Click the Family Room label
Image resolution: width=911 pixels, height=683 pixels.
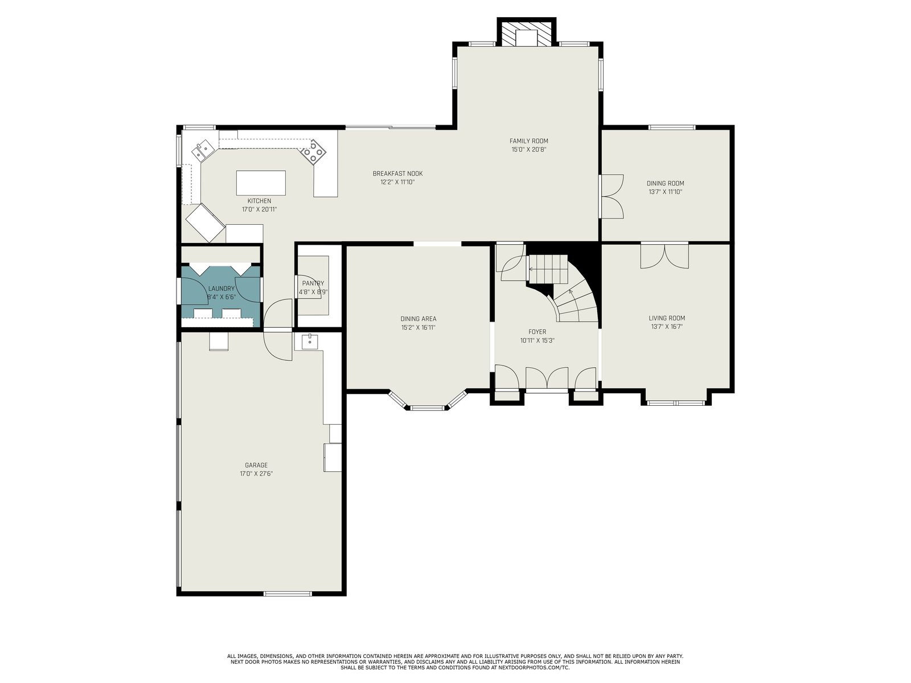pyautogui.click(x=528, y=141)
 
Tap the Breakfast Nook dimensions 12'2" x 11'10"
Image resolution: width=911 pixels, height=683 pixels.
pyautogui.click(x=397, y=182)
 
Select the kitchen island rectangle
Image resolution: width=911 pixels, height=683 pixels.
pyautogui.click(x=261, y=183)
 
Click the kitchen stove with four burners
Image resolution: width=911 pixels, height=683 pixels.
pyautogui.click(x=313, y=152)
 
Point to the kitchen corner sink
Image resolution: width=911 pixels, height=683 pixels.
pyautogui.click(x=203, y=150)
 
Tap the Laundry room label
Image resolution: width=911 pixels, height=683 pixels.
pyautogui.click(x=221, y=289)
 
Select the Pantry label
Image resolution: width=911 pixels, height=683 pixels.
pyautogui.click(x=313, y=283)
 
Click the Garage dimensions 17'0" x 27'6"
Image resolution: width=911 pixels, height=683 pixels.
pyautogui.click(x=256, y=474)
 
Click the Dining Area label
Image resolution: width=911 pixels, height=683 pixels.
pyautogui.click(x=418, y=319)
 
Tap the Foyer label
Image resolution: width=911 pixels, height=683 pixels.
pyautogui.click(x=537, y=332)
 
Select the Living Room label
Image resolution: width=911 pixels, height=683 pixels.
pyautogui.click(x=667, y=318)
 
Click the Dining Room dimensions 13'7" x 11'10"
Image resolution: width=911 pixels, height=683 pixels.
pyautogui.click(x=665, y=192)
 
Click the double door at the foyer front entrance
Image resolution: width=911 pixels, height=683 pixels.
pyautogui.click(x=547, y=378)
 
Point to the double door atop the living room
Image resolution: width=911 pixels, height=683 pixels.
pyautogui.click(x=664, y=256)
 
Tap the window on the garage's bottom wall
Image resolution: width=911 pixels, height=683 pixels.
pyautogui.click(x=288, y=594)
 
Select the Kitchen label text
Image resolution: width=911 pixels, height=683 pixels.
pyautogui.click(x=260, y=201)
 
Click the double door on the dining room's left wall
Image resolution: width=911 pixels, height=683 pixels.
pyautogui.click(x=612, y=196)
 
